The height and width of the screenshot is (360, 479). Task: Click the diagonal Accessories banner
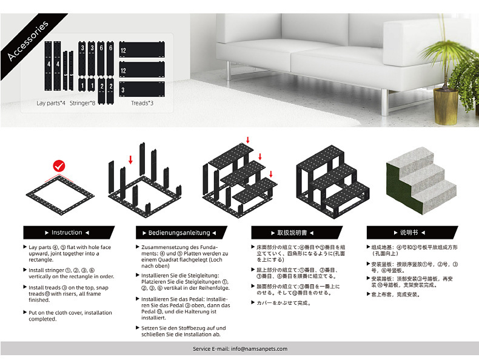27,41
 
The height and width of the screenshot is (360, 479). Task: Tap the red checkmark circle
59,165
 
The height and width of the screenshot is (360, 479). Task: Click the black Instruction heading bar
68,233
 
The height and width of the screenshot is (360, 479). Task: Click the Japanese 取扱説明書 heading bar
297,233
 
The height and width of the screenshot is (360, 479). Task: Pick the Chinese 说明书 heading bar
410,233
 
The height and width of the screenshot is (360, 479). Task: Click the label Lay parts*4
51,103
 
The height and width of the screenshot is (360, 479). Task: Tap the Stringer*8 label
82,103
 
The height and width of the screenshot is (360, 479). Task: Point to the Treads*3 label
142,103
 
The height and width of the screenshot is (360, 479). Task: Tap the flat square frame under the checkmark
59,194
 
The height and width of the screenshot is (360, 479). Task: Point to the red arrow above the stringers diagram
130,159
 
